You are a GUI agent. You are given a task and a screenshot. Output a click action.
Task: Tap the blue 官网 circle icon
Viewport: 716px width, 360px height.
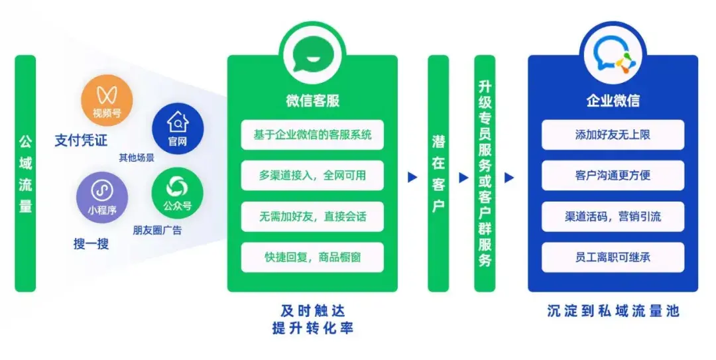pos(178,129)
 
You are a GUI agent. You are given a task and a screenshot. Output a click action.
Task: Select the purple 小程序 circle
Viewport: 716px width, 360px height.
pos(102,198)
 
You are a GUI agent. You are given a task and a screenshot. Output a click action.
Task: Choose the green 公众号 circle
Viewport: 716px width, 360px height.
pos(177,193)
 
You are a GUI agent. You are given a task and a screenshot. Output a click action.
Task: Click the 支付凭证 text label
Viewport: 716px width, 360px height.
pos(81,141)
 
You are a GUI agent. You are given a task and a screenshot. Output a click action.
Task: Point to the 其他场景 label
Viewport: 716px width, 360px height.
pos(137,158)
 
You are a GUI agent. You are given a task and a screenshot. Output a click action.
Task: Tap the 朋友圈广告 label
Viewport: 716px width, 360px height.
pos(157,230)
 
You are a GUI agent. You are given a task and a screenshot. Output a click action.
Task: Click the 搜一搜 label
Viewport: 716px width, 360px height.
pos(91,244)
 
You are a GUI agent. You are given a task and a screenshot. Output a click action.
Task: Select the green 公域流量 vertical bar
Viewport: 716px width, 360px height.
pos(25,173)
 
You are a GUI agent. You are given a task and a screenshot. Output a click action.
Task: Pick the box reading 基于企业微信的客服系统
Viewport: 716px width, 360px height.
pos(312,135)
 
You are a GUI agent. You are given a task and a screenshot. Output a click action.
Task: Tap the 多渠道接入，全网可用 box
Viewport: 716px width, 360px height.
pos(312,176)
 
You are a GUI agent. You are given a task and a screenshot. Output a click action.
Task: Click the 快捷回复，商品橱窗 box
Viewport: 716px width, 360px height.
pos(312,257)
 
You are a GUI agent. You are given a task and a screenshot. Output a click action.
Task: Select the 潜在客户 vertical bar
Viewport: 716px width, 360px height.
pos(438,173)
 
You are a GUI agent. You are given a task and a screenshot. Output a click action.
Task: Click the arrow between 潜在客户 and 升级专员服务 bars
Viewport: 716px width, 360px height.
pos(464,177)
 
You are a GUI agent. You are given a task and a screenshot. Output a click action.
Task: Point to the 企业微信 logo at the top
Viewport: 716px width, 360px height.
pos(613,55)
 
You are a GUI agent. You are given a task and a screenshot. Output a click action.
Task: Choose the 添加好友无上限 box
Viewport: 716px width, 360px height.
pos(613,135)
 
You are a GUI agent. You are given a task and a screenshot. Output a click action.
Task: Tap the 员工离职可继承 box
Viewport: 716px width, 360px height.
pos(613,257)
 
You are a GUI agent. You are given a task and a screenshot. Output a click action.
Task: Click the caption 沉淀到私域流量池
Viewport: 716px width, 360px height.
pos(613,311)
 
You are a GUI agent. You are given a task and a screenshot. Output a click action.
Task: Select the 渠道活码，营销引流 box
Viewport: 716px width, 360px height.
pos(613,217)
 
